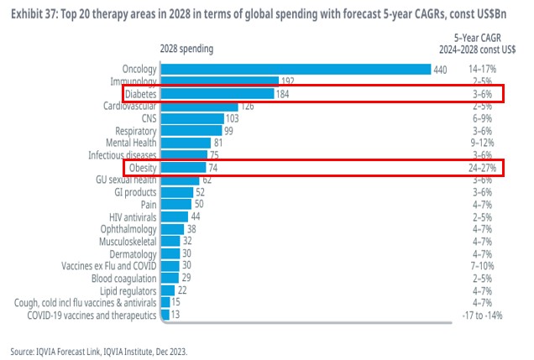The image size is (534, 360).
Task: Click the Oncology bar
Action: tap(295, 69)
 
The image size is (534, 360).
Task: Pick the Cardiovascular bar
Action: tap(197, 106)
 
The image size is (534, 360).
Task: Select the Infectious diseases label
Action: tap(122, 155)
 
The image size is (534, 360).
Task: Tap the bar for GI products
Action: tap(175, 192)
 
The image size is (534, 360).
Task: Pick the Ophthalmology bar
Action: tap(171, 228)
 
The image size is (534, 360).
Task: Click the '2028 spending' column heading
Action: tap(186, 49)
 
